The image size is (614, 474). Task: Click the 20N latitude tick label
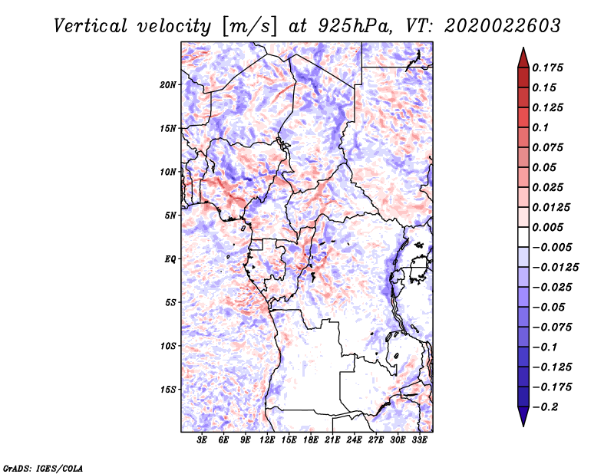point(168,84)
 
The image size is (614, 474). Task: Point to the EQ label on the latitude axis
point(170,259)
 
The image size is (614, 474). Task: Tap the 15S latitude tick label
point(168,390)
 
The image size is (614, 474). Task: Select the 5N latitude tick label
point(170,216)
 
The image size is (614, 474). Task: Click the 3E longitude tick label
point(203,440)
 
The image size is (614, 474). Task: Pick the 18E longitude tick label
point(311,440)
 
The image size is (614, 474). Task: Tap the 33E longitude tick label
point(419,440)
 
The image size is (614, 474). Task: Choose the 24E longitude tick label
point(354,440)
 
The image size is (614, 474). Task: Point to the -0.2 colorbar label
point(546,407)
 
